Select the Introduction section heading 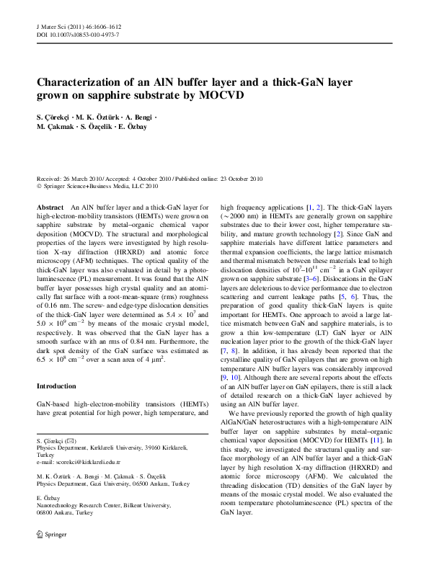pos(56,386)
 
